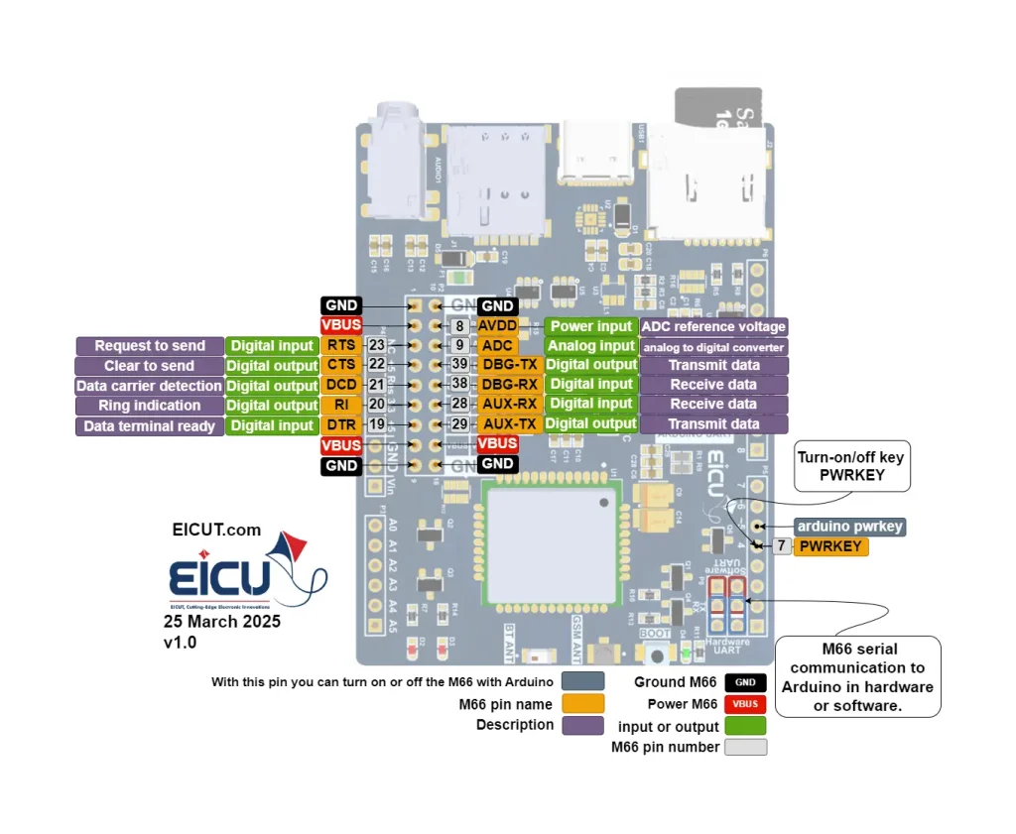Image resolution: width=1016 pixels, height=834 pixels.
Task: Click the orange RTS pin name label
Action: [x=341, y=345]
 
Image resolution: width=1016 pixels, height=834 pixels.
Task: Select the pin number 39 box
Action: [x=459, y=365]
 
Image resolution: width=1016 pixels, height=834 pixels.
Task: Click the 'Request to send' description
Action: [x=150, y=346]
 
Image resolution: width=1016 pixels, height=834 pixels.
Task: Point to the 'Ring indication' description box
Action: [x=149, y=406]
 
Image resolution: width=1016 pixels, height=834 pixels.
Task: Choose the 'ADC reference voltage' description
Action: [x=713, y=326]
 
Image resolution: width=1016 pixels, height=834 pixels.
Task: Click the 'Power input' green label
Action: [x=590, y=326]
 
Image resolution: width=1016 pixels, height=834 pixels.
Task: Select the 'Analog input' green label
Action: [x=590, y=346]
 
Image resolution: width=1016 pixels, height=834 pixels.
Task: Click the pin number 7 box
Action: [x=782, y=546]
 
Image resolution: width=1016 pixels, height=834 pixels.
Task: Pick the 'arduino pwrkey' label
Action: [x=849, y=527]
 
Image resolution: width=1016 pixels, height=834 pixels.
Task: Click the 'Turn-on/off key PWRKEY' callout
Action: [x=851, y=467]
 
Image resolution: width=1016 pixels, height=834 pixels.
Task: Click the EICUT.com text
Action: [x=216, y=530]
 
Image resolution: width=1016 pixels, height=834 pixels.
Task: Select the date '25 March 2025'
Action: [x=222, y=622]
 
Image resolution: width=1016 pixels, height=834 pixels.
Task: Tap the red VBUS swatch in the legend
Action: [x=745, y=704]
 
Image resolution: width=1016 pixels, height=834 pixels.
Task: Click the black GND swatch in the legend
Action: [x=745, y=682]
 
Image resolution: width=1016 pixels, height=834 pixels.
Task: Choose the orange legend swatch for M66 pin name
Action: [x=582, y=704]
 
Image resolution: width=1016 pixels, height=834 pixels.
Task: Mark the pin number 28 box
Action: [x=459, y=404]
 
